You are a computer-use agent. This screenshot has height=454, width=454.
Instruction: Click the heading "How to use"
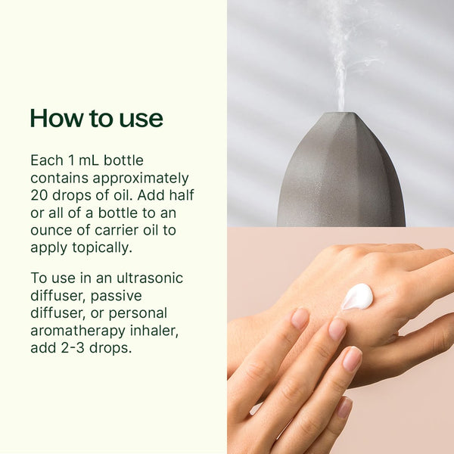[x=96, y=119]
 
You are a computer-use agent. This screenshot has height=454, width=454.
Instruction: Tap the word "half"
[x=180, y=195]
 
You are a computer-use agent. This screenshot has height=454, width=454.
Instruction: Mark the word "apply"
[x=48, y=248]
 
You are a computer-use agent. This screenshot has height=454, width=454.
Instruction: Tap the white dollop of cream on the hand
[x=357, y=296]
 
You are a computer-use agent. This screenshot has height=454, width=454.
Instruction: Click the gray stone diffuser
[x=340, y=174]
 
